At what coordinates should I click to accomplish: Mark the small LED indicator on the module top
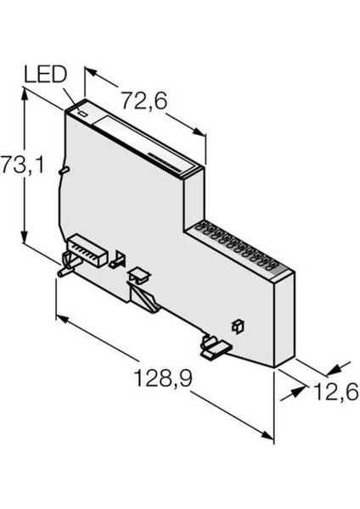(x=82, y=110)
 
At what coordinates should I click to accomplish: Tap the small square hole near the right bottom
(x=238, y=325)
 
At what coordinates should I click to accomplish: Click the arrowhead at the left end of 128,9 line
(x=59, y=319)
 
